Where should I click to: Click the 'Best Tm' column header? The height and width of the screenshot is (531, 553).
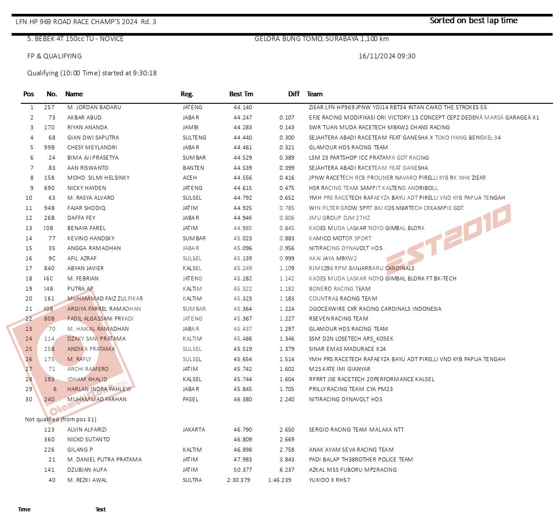[241, 94]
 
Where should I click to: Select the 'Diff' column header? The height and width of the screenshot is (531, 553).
[293, 94]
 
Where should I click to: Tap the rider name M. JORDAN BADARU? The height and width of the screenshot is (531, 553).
[94, 107]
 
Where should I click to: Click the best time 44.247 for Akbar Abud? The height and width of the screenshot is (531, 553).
[243, 118]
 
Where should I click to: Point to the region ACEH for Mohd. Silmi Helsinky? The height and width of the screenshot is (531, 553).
[190, 178]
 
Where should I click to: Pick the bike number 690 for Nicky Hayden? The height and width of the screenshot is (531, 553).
[49, 188]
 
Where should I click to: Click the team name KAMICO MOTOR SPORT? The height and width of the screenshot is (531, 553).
[340, 239]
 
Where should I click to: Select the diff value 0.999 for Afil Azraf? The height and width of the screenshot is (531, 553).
[287, 259]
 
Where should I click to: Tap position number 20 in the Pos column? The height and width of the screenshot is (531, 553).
[29, 299]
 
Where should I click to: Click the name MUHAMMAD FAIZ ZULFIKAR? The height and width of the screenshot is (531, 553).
[105, 299]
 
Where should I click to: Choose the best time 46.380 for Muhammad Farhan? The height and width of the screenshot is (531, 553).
[243, 399]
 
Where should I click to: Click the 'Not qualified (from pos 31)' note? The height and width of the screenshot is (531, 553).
[61, 420]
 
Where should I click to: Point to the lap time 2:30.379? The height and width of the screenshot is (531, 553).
[239, 480]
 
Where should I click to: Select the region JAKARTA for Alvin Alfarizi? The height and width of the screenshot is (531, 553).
[194, 430]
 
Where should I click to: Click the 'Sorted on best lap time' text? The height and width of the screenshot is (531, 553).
[473, 21]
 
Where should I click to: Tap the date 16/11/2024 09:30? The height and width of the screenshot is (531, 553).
[387, 56]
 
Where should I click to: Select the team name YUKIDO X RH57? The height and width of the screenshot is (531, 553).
[329, 480]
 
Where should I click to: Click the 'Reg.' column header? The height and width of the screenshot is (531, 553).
[187, 94]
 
